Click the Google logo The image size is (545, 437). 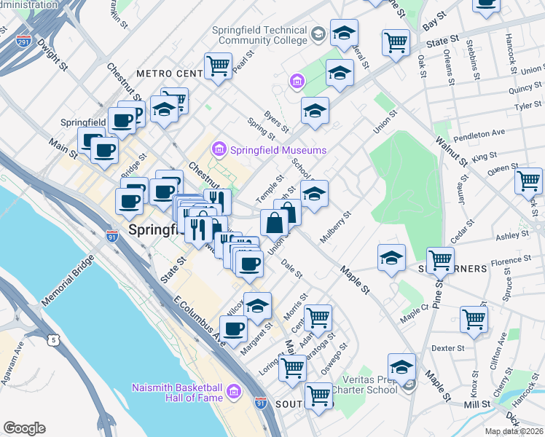[x=24, y=428]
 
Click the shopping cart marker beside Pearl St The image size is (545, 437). [x=218, y=66]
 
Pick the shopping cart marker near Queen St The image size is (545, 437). [x=528, y=179]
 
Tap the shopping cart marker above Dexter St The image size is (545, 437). [x=474, y=318]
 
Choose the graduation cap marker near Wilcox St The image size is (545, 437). [x=257, y=306]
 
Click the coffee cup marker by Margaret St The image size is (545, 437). [x=233, y=329]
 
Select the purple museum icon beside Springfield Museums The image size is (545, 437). [x=218, y=150]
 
